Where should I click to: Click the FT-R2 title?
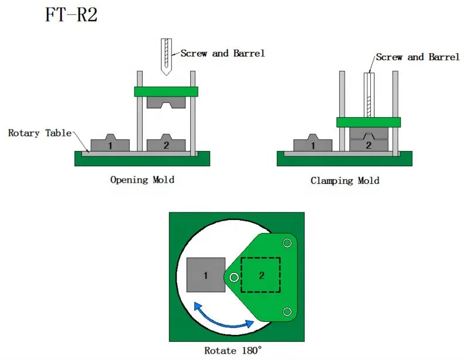(71, 15)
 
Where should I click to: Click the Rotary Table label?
(39, 133)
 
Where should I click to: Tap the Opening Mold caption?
(142, 180)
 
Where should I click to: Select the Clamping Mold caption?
(345, 180)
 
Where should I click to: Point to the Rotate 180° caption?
(233, 351)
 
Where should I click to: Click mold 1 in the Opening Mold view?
(111, 145)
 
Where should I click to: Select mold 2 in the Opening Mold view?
(166, 145)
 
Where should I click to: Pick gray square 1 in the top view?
(206, 275)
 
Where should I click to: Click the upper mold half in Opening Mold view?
(166, 102)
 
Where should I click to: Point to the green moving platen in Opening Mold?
(166, 91)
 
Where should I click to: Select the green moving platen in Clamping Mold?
(369, 122)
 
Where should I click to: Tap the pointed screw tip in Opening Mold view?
(166, 73)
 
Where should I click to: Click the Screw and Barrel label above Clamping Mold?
(418, 57)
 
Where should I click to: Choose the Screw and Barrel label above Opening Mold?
(222, 53)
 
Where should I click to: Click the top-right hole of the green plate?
(287, 243)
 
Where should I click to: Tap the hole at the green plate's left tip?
(234, 277)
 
